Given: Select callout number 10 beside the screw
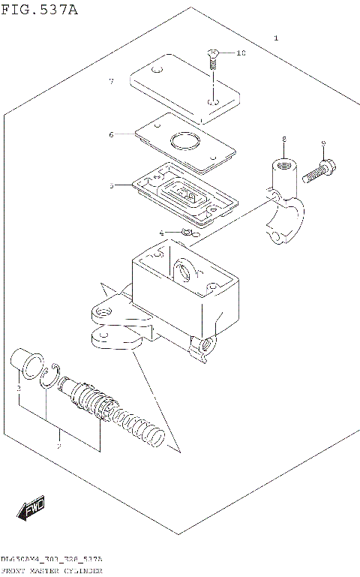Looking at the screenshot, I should tap(241, 53).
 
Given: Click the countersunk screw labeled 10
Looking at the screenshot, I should tap(213, 56).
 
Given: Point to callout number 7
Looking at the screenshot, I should tap(110, 80).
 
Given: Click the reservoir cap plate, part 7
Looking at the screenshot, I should tap(184, 90).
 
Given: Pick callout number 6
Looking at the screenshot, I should tap(110, 135).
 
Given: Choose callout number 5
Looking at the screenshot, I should tap(110, 185).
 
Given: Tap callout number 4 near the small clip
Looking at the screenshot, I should tap(160, 233).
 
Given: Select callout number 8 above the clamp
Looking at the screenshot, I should tap(284, 140).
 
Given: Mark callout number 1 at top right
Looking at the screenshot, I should tap(276, 38).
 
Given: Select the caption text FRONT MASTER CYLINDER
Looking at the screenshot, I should tap(52, 571).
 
